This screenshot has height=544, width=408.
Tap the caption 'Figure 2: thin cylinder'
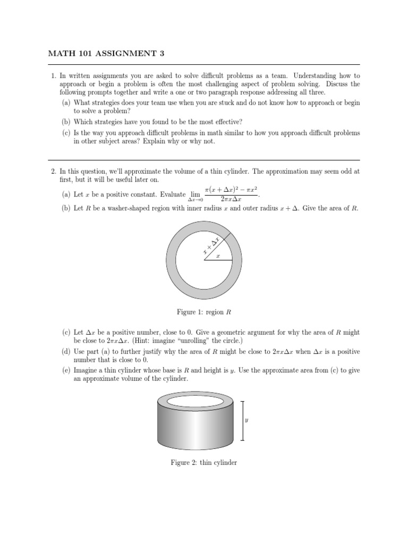[x=204, y=463]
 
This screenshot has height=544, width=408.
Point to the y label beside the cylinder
[x=246, y=420]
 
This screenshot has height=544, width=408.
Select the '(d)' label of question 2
[x=66, y=352]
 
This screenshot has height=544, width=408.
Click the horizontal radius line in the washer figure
[x=218, y=261]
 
